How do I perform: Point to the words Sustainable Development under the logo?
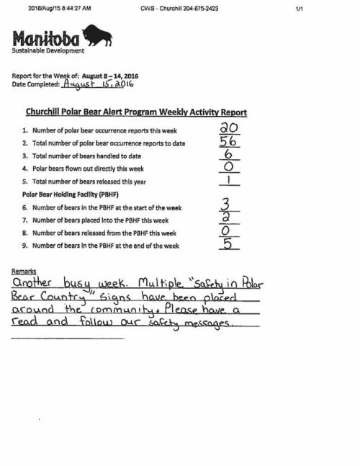[48, 50]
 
